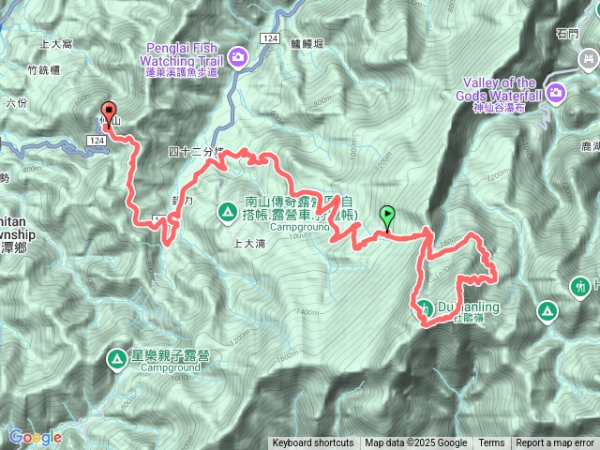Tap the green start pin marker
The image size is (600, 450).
click(x=386, y=216)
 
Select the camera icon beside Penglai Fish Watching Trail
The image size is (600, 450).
click(x=238, y=57)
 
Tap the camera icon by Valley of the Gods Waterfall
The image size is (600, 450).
click(x=556, y=92)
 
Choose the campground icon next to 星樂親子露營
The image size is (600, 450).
click(x=116, y=358)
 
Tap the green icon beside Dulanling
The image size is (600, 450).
click(x=425, y=307)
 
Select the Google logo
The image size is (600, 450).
click(x=35, y=437)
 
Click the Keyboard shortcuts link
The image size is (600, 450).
click(x=313, y=443)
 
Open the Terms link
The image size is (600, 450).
click(x=491, y=443)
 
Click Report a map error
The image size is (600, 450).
click(x=555, y=443)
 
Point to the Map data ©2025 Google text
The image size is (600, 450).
click(x=416, y=443)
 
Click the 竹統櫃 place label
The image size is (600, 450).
click(x=44, y=69)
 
